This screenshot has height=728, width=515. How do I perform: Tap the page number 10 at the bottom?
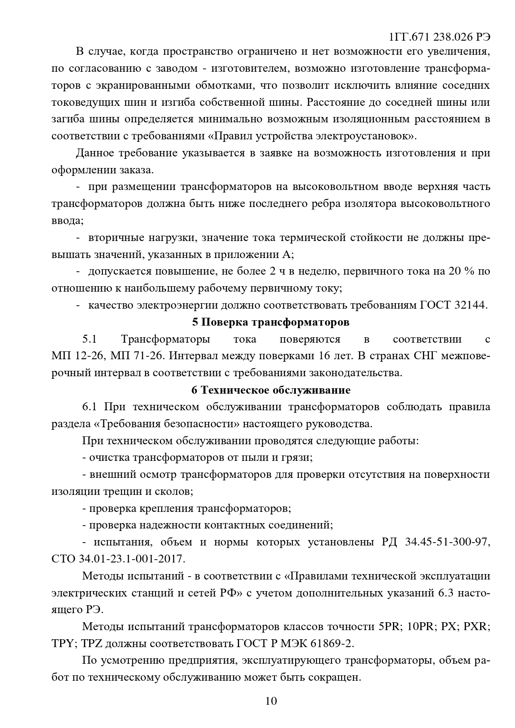point(271,701)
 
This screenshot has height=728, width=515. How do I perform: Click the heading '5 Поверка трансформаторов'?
point(271,322)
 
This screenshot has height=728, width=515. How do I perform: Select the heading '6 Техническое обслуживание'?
point(271,390)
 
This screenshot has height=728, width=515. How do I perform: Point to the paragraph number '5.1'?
point(89,339)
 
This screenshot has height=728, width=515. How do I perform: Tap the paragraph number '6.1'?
point(89,407)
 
